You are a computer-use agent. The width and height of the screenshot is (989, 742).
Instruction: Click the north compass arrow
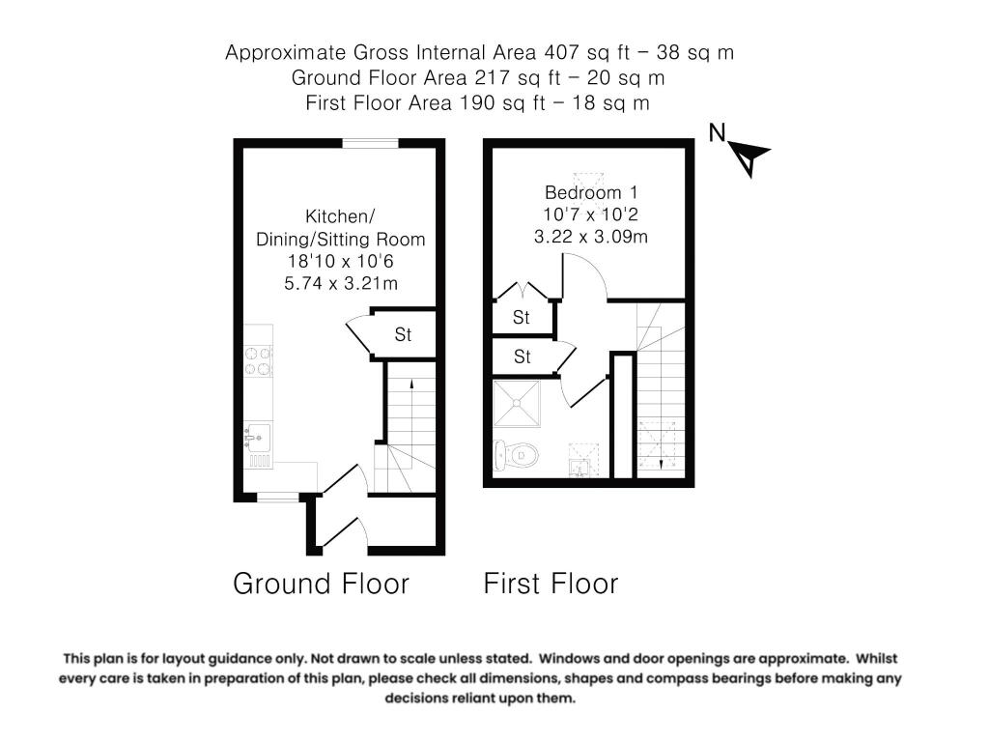click(x=749, y=157)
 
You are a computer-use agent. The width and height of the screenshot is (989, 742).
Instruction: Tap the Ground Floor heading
click(x=321, y=584)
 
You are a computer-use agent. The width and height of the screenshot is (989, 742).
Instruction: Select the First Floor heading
click(x=551, y=584)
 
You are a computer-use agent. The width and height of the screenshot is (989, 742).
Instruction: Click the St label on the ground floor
click(x=403, y=335)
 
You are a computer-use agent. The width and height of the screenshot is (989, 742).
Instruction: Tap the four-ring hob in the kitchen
click(x=259, y=360)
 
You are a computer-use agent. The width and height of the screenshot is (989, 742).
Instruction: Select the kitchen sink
click(x=257, y=439)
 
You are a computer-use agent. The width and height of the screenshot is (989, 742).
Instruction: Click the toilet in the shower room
click(x=514, y=453)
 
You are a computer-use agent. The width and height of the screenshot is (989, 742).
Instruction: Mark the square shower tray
click(x=517, y=405)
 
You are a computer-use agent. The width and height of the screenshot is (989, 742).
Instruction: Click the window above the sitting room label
click(x=371, y=144)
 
